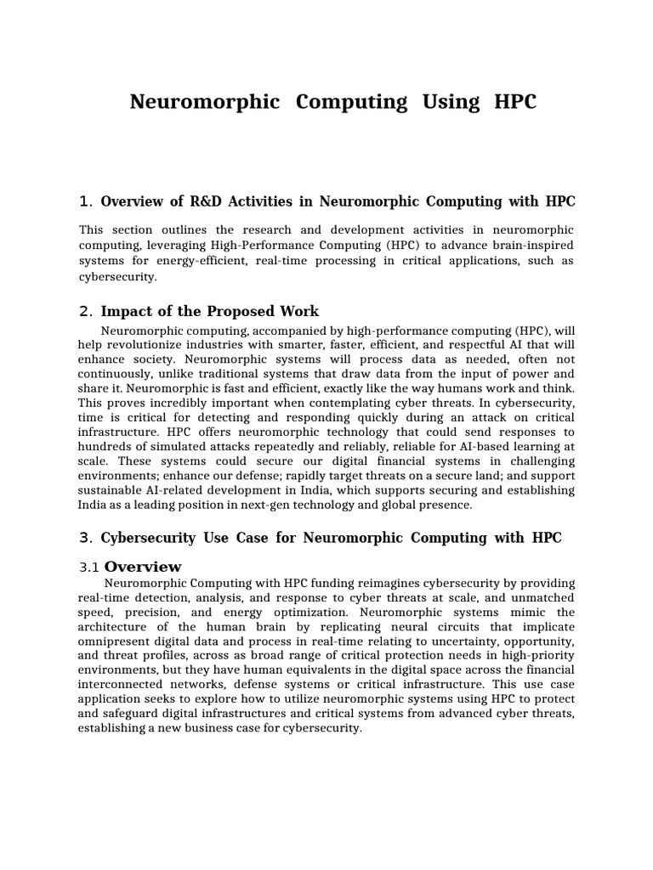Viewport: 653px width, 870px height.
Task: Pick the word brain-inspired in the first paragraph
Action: (531, 246)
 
